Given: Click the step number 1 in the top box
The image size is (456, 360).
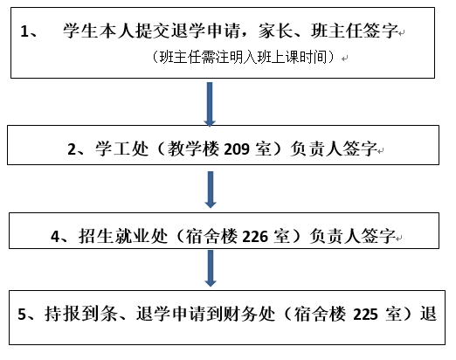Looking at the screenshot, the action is (x=24, y=31).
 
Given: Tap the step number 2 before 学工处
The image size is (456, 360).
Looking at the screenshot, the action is (x=72, y=149).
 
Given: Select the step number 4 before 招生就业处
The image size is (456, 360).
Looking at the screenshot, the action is (x=55, y=237).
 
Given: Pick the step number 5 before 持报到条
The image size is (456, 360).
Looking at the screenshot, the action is (x=22, y=315).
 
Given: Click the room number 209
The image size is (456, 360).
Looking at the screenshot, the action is (x=237, y=149).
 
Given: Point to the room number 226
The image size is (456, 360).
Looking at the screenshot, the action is (x=255, y=236).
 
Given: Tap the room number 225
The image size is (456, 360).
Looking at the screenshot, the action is (x=365, y=315).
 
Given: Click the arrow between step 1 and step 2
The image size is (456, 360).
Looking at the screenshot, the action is (x=210, y=104).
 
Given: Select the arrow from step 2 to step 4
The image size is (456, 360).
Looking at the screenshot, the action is (x=211, y=190).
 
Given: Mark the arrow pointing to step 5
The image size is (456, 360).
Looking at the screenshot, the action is (x=211, y=268).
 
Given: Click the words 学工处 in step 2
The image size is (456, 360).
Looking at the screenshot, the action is (x=121, y=149).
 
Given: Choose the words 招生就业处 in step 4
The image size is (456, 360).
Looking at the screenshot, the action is (x=123, y=236).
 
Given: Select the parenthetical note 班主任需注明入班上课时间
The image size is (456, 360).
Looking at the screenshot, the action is (x=243, y=57).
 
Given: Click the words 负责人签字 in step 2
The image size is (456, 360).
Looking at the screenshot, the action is (x=334, y=149).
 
